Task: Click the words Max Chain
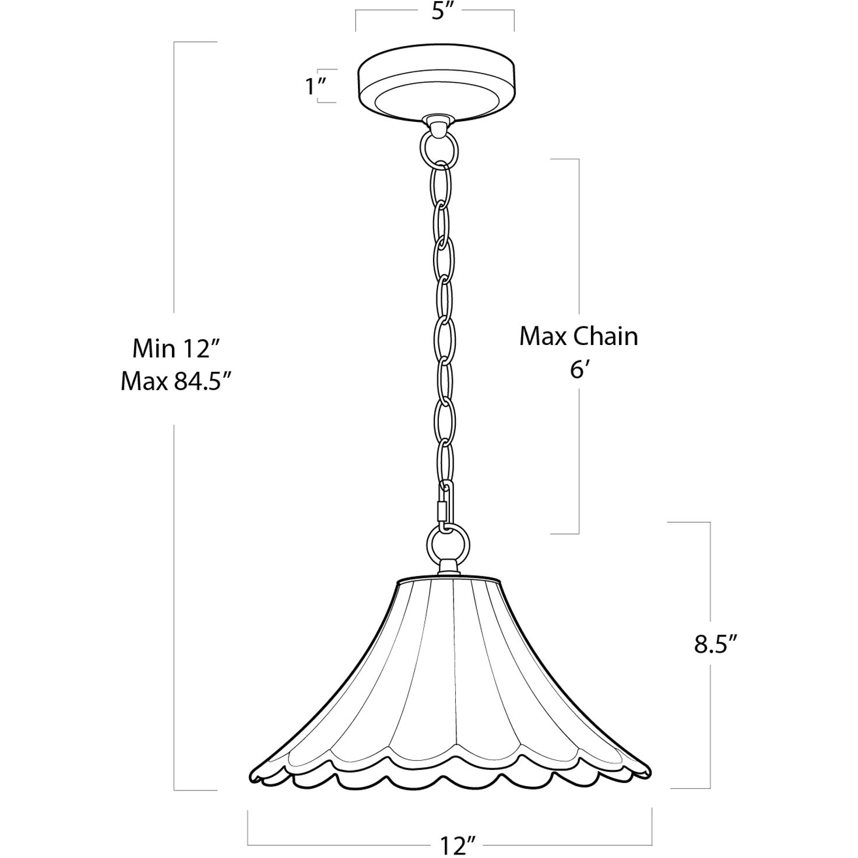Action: [578, 336]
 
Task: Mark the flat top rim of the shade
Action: [448, 582]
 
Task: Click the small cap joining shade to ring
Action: [447, 566]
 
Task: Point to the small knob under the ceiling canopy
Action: [437, 122]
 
